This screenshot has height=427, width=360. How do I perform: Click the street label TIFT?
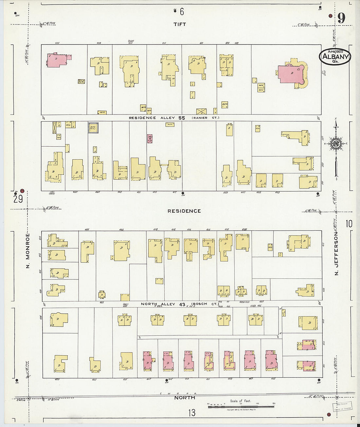[180, 24]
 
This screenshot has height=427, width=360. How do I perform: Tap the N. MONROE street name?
[28, 250]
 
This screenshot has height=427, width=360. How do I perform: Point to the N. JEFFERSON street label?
[336, 254]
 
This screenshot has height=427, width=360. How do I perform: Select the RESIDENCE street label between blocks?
[184, 211]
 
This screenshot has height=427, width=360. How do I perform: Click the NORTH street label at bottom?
[185, 398]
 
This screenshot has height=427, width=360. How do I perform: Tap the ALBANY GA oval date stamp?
[335, 57]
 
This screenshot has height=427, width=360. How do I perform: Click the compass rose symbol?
[336, 144]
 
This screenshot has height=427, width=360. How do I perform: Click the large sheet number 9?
[341, 18]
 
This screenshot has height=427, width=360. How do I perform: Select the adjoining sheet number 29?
[18, 199]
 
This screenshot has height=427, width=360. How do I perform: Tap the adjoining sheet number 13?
[192, 413]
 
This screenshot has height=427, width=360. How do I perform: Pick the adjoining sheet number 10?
[349, 224]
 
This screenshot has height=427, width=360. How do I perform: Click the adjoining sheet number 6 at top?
[182, 12]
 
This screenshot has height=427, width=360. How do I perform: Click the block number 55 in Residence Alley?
[182, 118]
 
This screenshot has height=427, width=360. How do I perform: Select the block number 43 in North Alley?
[182, 304]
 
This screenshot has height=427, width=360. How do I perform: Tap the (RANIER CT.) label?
[206, 118]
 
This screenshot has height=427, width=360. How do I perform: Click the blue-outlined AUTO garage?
[93, 127]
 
